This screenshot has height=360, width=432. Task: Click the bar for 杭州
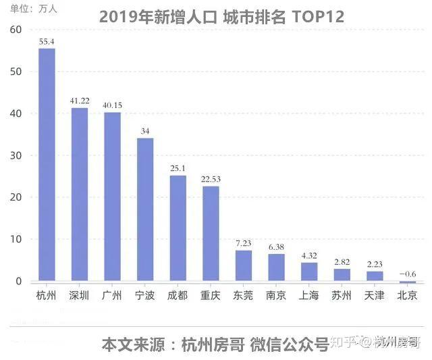(x=47, y=165)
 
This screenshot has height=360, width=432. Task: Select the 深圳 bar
(x=80, y=195)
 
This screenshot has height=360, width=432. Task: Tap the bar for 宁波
(x=145, y=209)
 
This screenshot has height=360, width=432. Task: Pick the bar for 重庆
(x=211, y=234)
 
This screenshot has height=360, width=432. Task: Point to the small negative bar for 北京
(x=408, y=282)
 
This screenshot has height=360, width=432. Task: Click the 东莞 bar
(x=244, y=265)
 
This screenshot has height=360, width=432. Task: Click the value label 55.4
(x=47, y=42)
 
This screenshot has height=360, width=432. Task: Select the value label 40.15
(x=113, y=105)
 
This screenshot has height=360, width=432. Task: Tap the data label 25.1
(x=178, y=168)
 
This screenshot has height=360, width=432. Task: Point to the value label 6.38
(x=276, y=247)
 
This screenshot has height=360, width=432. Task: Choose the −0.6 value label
(x=408, y=274)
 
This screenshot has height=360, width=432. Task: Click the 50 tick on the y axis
(x=16, y=72)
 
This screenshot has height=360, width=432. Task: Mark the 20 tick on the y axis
(x=16, y=197)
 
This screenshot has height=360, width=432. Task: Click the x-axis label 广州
(x=112, y=296)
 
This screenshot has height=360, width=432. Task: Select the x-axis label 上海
(x=309, y=296)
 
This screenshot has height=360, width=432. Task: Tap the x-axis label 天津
(x=375, y=296)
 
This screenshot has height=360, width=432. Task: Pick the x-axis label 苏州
(x=342, y=296)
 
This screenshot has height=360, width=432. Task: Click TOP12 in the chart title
(x=318, y=16)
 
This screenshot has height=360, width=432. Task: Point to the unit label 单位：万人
(x=33, y=9)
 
